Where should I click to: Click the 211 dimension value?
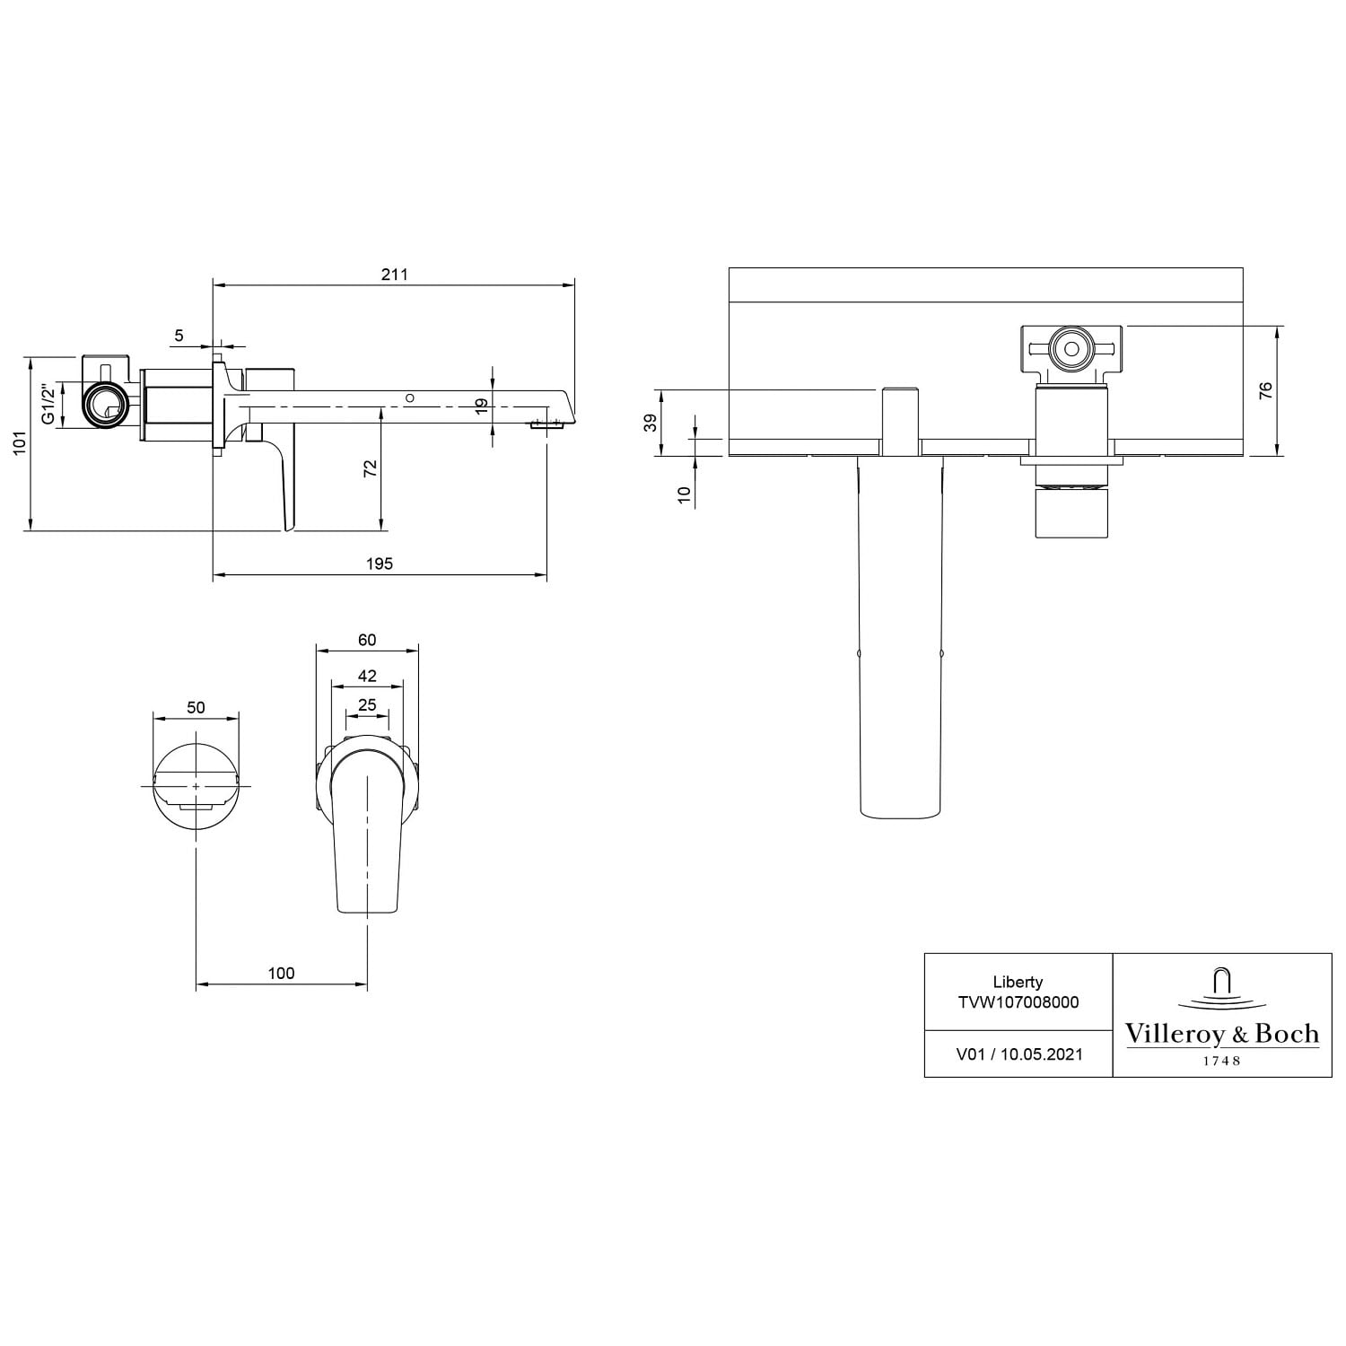point(394,274)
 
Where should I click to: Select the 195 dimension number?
point(380,564)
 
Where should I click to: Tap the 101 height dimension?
point(20,443)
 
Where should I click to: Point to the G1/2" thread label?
point(50,405)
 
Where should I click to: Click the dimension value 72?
point(371,468)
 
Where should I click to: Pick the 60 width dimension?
point(367,640)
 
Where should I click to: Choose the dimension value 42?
point(367,676)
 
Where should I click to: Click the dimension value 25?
point(367,705)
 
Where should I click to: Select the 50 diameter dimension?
point(196,707)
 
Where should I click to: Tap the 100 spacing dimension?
point(281,973)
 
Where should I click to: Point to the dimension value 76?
point(1266,391)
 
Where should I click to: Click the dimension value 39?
point(651,423)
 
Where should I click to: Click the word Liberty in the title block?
point(1018,982)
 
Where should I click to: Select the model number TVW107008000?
point(1018,1002)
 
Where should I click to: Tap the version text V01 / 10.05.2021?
point(1018,1054)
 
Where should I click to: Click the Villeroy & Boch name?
point(1222,1034)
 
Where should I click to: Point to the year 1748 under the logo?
point(1221,1061)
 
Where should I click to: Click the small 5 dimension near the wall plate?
point(179,336)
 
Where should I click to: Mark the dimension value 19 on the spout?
point(482,406)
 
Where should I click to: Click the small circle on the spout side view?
point(410,398)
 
